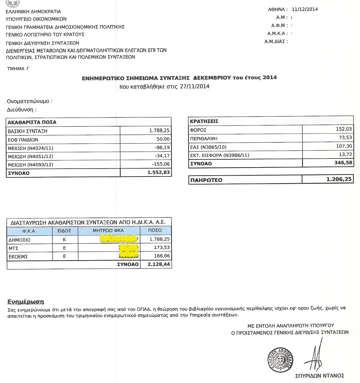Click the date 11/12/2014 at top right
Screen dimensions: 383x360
[305, 9]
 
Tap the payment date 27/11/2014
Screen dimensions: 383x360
[195, 86]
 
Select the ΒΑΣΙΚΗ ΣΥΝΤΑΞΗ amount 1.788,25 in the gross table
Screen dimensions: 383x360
[159, 131]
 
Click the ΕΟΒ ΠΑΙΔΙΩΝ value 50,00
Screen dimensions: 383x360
[163, 139]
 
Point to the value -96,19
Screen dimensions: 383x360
[163, 147]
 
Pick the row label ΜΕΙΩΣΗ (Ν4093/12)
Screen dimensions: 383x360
[30, 165]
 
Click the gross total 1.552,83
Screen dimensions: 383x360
[158, 172]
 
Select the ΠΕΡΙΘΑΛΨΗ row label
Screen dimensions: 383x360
[204, 139]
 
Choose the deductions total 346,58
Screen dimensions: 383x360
[343, 162]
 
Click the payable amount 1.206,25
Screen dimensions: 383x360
[339, 179]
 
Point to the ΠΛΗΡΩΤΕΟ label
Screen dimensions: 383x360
[206, 180]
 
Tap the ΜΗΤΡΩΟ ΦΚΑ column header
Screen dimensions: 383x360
[108, 230]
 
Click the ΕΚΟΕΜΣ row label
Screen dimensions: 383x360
[19, 256]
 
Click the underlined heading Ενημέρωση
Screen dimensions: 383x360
[26, 301]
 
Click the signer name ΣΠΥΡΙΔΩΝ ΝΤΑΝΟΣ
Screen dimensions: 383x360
[319, 376]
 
